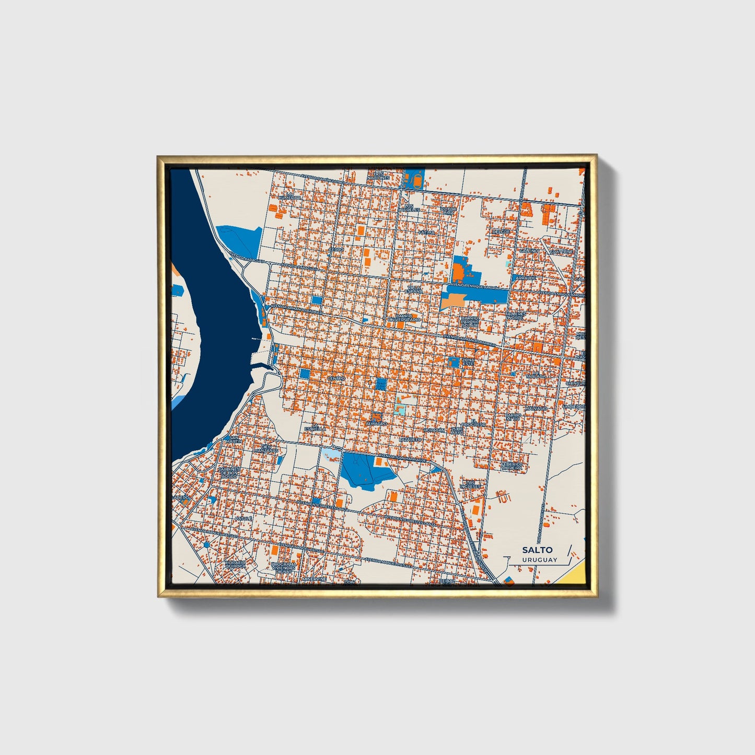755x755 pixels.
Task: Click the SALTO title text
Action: [x=537, y=550]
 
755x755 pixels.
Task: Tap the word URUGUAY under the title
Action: [x=539, y=560]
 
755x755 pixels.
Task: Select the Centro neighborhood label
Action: [x=335, y=378]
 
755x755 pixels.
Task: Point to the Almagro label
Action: [x=377, y=423]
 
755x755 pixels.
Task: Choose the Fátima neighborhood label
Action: [x=426, y=232]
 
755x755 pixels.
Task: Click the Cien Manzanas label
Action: [x=263, y=448]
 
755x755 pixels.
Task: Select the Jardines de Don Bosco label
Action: [x=229, y=473]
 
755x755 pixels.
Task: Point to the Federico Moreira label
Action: [x=512, y=466]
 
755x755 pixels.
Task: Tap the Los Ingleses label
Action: [x=470, y=484]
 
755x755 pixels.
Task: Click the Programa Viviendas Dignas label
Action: [x=284, y=568]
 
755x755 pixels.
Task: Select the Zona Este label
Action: [x=468, y=362]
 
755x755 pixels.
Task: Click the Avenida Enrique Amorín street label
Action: [x=475, y=287]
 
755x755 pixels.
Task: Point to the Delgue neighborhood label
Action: [x=501, y=231]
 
